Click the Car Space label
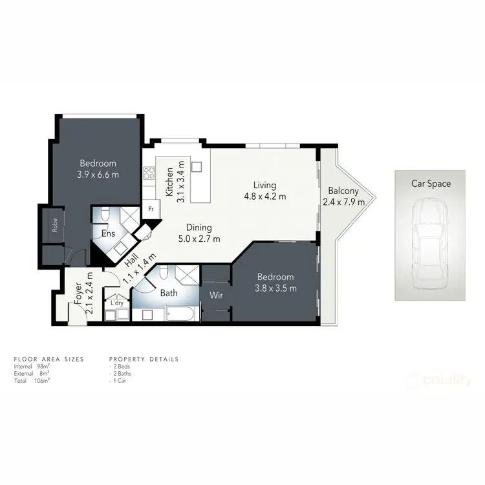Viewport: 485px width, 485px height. click(x=431, y=184)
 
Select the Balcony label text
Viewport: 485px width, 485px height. click(x=343, y=191)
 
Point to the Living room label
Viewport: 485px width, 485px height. click(x=265, y=184)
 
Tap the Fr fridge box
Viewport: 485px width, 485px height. click(x=151, y=209)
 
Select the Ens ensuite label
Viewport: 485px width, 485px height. click(x=107, y=233)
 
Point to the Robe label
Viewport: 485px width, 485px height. click(x=56, y=225)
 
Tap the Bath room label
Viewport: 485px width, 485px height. click(x=169, y=294)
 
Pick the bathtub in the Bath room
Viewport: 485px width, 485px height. click(x=178, y=316)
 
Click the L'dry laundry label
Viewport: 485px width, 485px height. click(x=117, y=303)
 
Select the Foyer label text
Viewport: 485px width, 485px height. click(x=78, y=294)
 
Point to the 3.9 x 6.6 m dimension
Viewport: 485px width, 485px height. click(x=98, y=175)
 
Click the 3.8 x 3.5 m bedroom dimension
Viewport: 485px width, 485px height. click(x=276, y=288)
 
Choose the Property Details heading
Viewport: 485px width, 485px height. click(x=144, y=359)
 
